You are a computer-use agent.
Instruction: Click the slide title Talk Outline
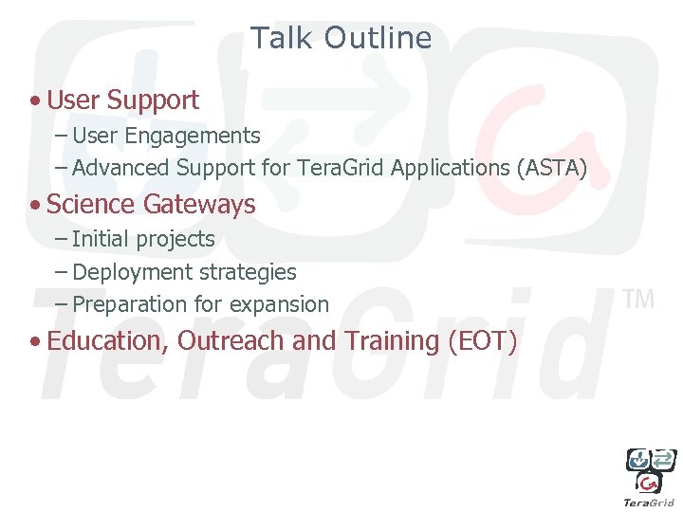click(341, 38)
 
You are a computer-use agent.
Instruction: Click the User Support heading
click(122, 100)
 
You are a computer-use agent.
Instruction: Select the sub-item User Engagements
click(166, 136)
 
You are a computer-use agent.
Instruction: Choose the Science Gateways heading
click(151, 204)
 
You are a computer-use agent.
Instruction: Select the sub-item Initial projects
click(143, 240)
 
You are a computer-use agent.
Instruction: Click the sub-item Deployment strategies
click(184, 272)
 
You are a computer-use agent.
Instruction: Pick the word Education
click(108, 341)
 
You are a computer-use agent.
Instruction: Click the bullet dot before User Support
click(34, 101)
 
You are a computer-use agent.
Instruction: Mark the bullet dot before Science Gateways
click(34, 205)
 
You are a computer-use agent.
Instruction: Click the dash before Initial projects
click(61, 240)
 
